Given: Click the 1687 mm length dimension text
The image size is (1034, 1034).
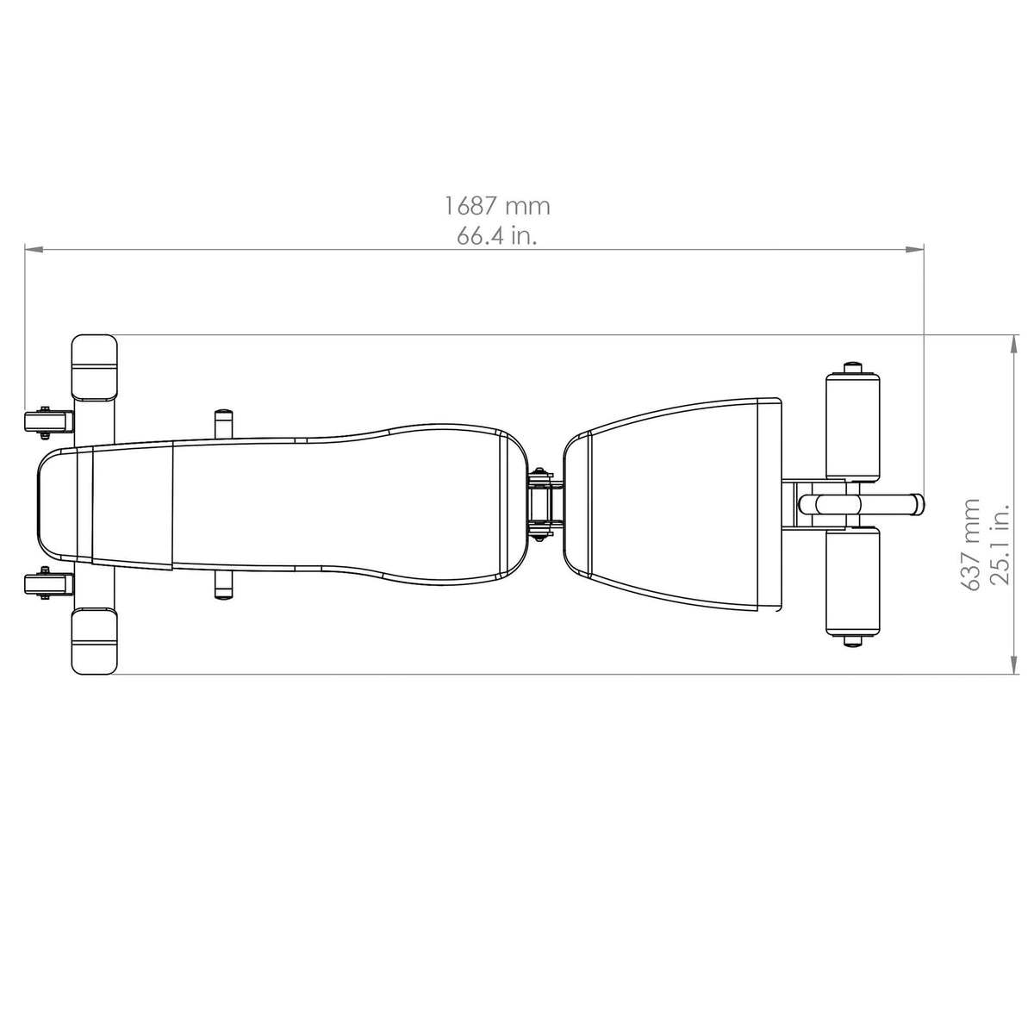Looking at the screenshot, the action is (497, 207).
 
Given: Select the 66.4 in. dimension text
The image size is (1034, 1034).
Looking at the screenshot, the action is (497, 236).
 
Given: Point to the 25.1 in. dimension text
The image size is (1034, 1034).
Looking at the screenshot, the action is (1000, 544).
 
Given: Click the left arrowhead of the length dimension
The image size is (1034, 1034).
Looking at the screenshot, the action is (34, 249).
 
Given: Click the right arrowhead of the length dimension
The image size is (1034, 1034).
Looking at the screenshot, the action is (914, 249).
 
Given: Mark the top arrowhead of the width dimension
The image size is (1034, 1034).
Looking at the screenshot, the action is (1014, 344).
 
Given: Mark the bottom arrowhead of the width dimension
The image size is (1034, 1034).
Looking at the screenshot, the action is (1014, 665).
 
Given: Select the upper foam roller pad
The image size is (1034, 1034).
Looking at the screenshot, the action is (853, 426).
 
